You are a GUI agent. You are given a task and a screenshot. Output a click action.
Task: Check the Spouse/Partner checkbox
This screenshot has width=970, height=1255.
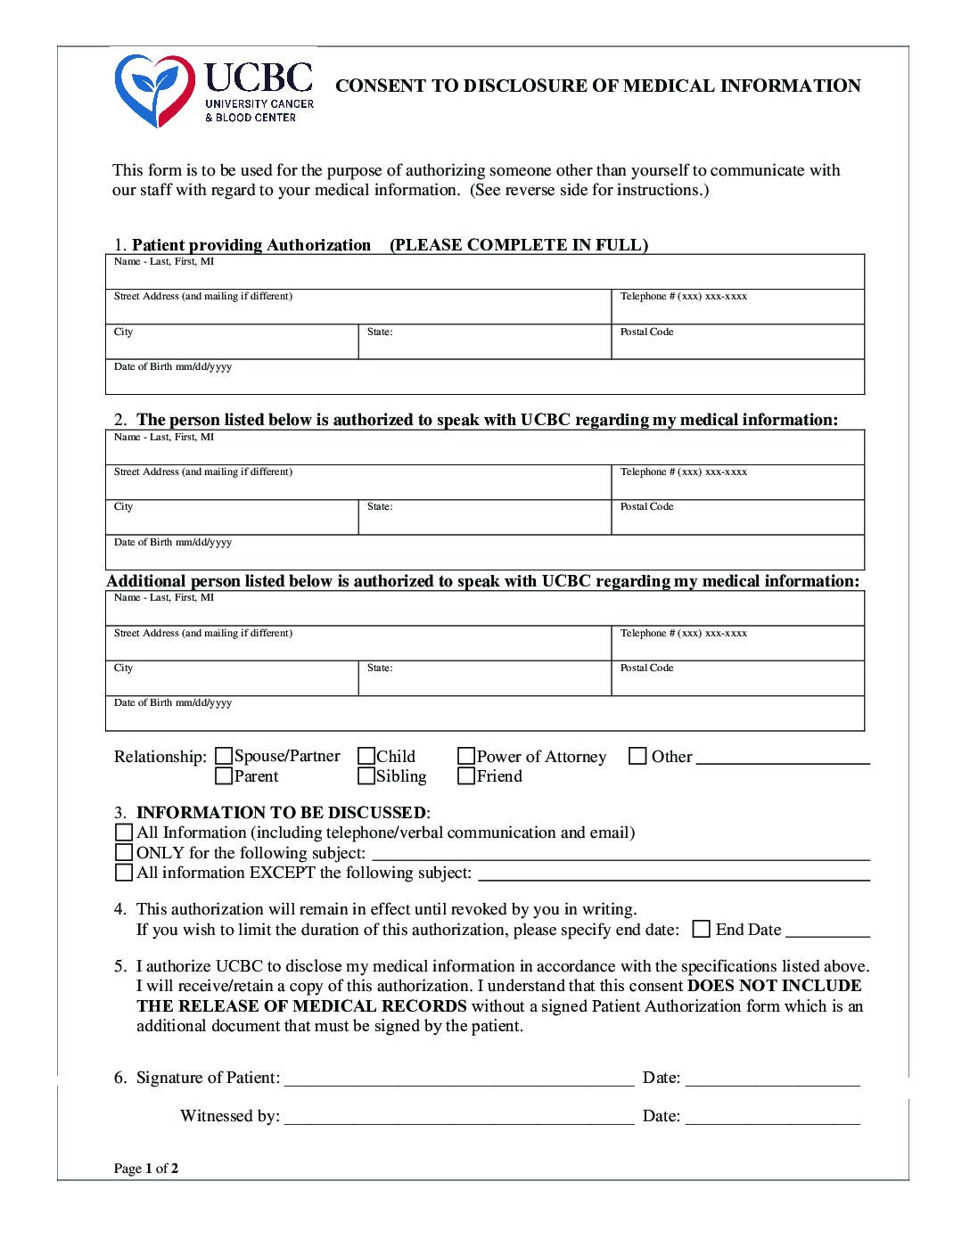(x=224, y=757)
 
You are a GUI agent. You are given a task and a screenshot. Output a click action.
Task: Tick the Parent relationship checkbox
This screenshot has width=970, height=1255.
(x=224, y=776)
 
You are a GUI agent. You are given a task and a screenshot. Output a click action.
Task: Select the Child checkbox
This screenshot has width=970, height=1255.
(x=366, y=757)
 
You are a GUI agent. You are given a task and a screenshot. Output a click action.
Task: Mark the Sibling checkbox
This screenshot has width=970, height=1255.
(x=366, y=776)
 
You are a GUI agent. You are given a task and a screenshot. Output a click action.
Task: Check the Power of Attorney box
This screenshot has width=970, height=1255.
(x=466, y=757)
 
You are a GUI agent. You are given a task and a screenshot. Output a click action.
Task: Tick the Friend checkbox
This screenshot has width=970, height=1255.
(x=466, y=776)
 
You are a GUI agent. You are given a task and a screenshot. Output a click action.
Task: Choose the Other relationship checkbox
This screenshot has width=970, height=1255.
(x=637, y=757)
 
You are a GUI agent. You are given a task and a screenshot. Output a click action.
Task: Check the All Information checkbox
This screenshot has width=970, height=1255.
(x=124, y=833)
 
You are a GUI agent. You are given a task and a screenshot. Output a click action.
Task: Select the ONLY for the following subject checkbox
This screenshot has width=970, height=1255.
(x=124, y=853)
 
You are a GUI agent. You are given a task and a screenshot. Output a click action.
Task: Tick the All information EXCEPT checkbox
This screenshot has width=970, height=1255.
(x=124, y=873)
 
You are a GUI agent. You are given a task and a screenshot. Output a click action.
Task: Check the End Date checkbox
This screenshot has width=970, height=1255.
(x=702, y=930)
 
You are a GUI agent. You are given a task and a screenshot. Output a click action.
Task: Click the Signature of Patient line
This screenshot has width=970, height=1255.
(x=458, y=1079)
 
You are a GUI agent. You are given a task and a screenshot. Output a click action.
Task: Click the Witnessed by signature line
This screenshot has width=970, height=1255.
(x=458, y=1118)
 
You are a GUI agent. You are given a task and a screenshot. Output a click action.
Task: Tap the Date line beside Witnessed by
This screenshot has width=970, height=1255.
(x=772, y=1118)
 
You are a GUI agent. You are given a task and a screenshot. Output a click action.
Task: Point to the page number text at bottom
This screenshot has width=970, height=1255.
(x=146, y=1169)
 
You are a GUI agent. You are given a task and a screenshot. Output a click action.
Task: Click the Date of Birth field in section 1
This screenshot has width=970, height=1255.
(x=484, y=378)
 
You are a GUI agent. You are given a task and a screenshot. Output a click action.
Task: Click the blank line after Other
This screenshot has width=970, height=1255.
(x=783, y=759)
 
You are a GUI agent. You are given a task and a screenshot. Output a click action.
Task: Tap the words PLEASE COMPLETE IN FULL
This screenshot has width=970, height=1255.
(x=519, y=245)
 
